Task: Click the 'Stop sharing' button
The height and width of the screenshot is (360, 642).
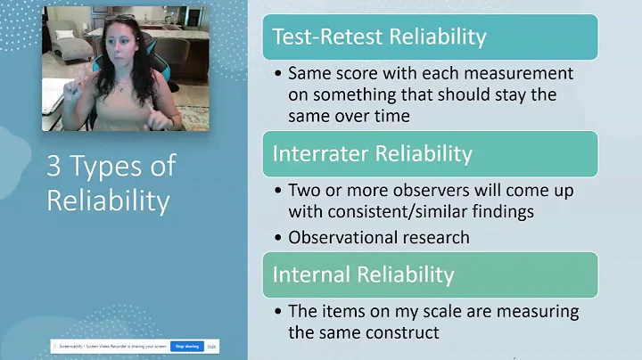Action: tap(187, 346)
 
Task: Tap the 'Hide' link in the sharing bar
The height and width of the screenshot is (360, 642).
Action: tap(212, 346)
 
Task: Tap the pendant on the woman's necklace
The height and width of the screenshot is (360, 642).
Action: tap(119, 81)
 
